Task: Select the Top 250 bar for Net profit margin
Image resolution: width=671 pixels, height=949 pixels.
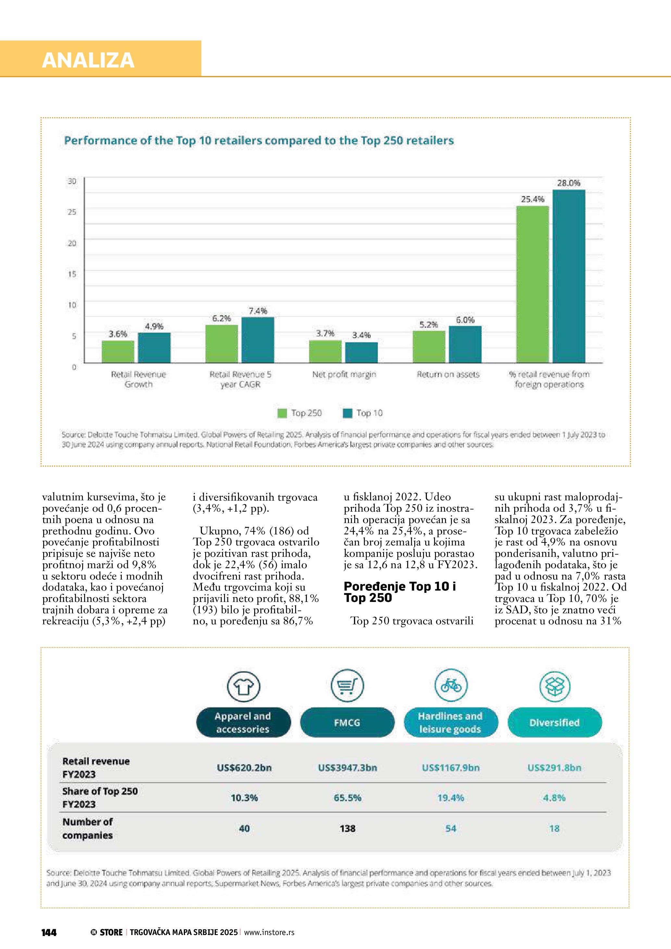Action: point(325,351)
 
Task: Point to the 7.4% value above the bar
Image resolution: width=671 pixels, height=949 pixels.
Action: point(258,311)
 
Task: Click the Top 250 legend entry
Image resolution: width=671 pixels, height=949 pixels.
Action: point(300,413)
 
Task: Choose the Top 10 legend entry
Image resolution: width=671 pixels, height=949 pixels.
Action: point(363,413)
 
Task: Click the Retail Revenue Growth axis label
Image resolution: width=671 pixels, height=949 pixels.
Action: point(138,379)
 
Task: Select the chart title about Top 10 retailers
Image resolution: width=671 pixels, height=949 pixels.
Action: point(259,141)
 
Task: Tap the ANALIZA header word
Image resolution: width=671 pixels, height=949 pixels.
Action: point(88,60)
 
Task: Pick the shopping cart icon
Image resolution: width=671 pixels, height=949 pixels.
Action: point(347,686)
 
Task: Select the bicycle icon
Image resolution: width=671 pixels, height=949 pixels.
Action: point(451,686)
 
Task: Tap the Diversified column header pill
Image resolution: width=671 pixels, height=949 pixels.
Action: point(554,722)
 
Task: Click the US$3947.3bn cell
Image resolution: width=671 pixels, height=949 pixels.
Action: point(347,768)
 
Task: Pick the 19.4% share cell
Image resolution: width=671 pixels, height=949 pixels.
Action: point(451,798)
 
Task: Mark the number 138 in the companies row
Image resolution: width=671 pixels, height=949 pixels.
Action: point(347,828)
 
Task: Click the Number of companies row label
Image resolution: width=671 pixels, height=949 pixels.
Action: point(88,828)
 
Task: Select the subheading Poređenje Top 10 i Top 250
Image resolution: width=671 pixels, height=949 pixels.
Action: point(400,592)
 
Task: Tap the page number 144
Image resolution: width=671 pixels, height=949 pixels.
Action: point(49,932)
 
